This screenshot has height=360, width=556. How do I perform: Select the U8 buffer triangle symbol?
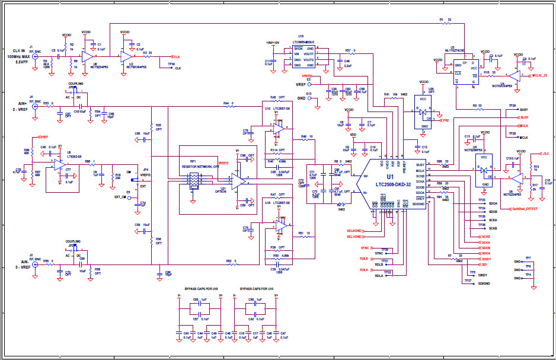click(87, 56)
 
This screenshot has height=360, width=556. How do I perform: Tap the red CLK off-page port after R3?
click(176, 56)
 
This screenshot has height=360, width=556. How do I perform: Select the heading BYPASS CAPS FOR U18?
click(196, 289)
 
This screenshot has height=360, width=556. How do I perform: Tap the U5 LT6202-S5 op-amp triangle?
click(59, 163)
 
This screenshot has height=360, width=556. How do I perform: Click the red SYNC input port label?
click(365, 247)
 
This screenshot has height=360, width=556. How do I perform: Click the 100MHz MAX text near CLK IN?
click(18, 56)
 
